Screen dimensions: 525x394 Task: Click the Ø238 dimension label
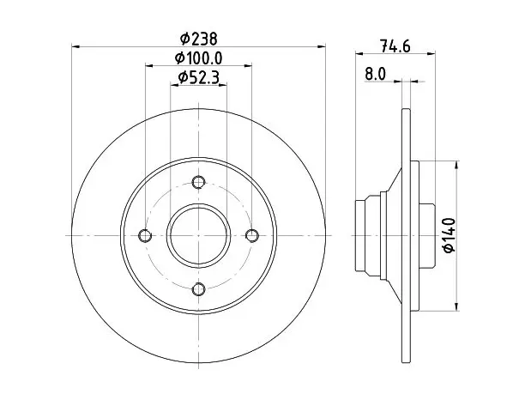(198, 39)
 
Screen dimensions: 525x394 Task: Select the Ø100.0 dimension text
(198, 58)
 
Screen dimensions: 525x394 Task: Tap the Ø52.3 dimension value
(198, 78)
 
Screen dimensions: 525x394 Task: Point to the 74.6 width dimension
(395, 45)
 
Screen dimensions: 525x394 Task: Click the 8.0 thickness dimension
(376, 74)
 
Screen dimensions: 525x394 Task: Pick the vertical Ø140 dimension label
(449, 235)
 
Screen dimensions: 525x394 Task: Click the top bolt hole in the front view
(198, 182)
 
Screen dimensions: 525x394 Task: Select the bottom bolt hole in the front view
(198, 288)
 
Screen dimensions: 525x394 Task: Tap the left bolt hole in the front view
(145, 235)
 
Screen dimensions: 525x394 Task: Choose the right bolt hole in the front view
(252, 235)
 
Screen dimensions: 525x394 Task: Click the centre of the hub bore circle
(198, 235)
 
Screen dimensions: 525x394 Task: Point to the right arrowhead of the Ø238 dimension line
(321, 46)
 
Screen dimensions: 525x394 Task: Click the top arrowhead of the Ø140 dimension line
(456, 165)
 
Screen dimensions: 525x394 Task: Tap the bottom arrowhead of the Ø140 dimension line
(456, 306)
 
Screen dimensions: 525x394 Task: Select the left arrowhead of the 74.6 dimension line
(359, 53)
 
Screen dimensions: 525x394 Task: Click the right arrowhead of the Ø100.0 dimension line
(247, 65)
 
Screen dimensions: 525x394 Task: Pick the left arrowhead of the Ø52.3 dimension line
(175, 85)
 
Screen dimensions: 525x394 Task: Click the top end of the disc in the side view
(406, 109)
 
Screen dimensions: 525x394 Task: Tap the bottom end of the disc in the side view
(406, 362)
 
